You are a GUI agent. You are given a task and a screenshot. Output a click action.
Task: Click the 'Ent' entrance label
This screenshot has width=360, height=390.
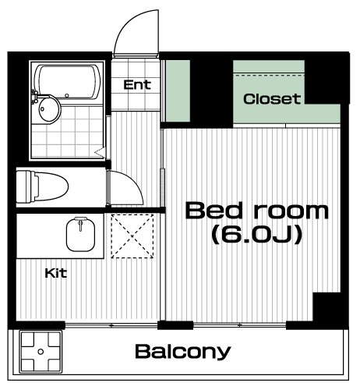[x=137, y=85]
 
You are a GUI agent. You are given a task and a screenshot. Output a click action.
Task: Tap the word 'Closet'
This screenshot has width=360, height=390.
[x=272, y=99]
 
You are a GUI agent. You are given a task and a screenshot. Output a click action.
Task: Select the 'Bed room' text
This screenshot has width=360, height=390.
[x=257, y=211]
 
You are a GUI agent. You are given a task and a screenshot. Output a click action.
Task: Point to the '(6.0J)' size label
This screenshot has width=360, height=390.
[x=257, y=234]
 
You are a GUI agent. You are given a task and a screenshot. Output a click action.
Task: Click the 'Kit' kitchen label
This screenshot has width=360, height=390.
[x=56, y=273]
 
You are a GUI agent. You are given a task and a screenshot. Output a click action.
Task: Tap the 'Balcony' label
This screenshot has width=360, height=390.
[x=183, y=352]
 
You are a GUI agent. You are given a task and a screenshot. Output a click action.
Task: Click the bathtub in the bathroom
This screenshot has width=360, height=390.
[x=68, y=82]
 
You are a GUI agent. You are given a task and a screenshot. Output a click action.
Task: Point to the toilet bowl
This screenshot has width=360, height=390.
[x=42, y=186]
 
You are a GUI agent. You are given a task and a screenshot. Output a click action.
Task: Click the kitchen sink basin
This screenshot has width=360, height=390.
[x=80, y=236]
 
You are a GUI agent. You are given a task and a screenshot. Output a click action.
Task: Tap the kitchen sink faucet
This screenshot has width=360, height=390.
[x=80, y=223]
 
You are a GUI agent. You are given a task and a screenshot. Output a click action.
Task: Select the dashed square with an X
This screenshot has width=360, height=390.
[x=132, y=236]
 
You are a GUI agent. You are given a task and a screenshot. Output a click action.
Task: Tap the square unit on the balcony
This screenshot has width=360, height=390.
[x=41, y=352]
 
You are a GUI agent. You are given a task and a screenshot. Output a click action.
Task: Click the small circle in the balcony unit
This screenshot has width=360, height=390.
[x=41, y=352]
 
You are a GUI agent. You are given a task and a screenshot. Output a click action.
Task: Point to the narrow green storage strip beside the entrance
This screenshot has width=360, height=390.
[x=178, y=91]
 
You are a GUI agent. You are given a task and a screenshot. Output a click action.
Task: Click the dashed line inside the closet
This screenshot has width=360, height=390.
[x=269, y=75]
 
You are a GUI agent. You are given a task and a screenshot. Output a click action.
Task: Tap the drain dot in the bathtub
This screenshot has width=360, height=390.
[x=67, y=96]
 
